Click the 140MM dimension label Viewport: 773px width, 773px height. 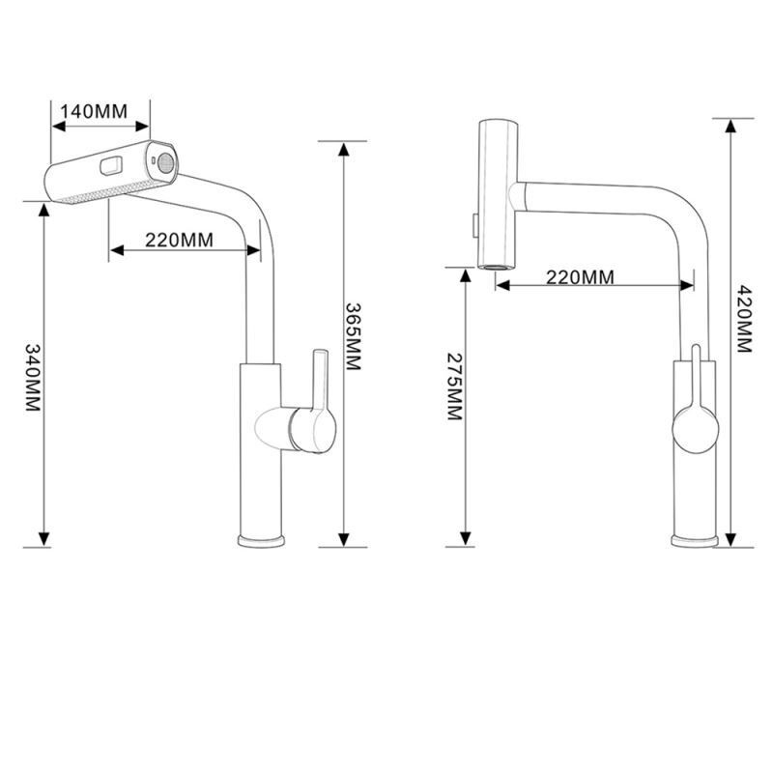pos(93,110)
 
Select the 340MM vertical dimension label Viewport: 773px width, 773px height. pos(33,377)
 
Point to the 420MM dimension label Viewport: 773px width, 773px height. pos(744,318)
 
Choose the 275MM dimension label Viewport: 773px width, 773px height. pos(454,385)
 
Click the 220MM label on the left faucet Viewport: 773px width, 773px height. pos(179,241)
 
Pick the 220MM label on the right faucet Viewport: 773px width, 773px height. pos(580,276)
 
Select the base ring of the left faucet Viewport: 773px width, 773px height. pos(262,537)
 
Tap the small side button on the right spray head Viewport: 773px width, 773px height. pos(473,224)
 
